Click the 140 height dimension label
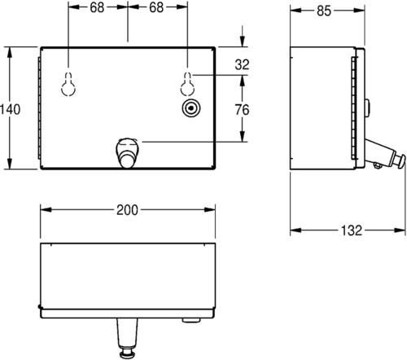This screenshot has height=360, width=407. [x=10, y=109]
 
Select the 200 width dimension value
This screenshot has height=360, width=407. [x=127, y=210]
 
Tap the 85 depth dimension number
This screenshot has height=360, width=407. [x=324, y=11]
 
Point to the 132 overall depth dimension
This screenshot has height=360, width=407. [x=352, y=230]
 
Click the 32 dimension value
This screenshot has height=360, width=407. [x=242, y=65]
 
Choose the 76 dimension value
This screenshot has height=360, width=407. [x=242, y=110]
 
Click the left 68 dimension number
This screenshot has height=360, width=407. [x=97, y=7]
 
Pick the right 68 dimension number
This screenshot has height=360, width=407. [x=156, y=7]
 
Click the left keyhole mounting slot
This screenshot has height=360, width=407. [x=68, y=84]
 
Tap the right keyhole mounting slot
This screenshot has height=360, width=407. [x=187, y=84]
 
